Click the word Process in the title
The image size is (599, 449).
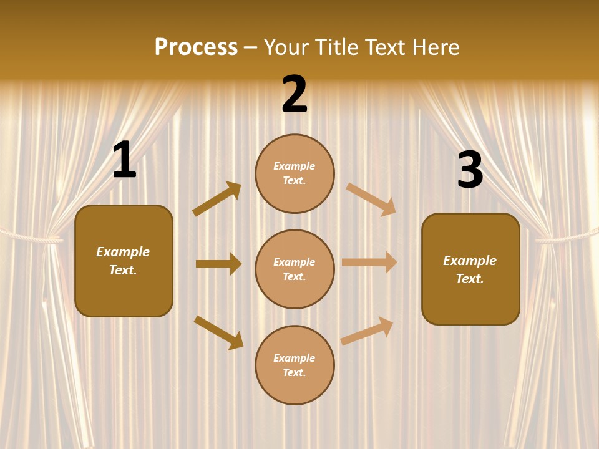[x=196, y=47]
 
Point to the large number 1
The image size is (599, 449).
[x=124, y=161]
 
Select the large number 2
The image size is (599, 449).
[x=295, y=94]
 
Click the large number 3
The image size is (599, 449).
[x=470, y=170]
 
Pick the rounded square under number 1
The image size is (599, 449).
[x=124, y=261]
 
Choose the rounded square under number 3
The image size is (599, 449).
[x=470, y=269]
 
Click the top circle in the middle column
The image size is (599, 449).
[x=295, y=173]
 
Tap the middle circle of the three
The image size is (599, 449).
[x=295, y=269]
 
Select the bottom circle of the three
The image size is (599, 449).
[x=295, y=365]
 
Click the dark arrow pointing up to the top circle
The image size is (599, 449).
[x=217, y=198]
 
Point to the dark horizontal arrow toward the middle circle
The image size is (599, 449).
[x=218, y=264]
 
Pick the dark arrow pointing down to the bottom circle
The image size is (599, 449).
[x=218, y=332]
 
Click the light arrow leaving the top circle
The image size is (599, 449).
[x=371, y=199]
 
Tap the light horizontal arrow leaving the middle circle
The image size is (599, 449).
[x=369, y=263]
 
